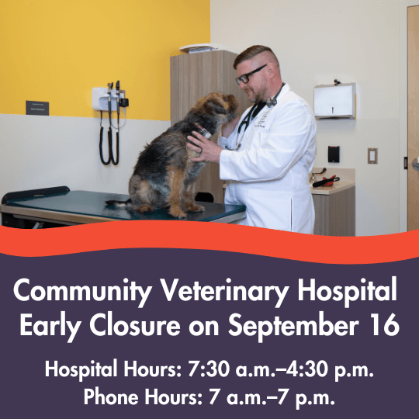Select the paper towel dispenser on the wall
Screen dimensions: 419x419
tap(334, 100)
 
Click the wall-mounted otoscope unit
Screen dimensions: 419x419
tap(110, 99)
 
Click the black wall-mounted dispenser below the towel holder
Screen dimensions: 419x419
tap(334, 154)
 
